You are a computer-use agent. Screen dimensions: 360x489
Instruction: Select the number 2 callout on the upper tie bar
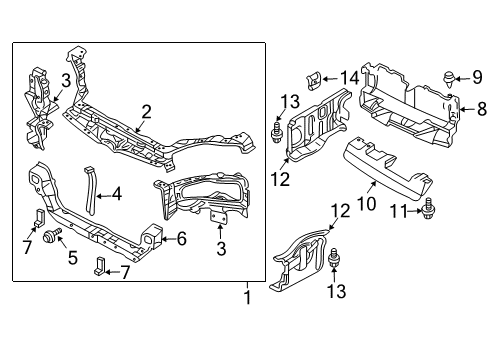(146, 111)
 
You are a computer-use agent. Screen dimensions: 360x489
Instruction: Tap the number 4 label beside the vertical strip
(116, 194)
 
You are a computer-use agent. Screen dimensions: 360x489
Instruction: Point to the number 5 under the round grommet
(70, 257)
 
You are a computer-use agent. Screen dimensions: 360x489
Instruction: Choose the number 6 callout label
(181, 238)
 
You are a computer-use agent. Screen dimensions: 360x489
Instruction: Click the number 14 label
(348, 78)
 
